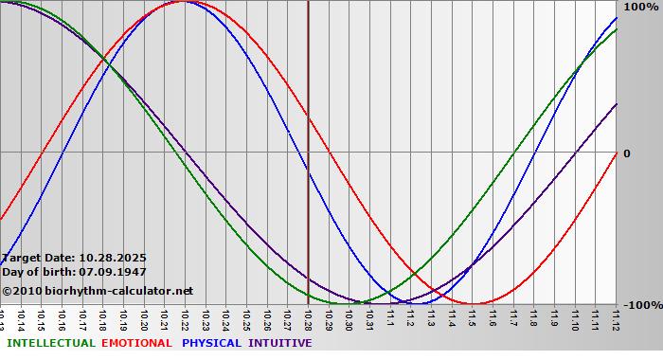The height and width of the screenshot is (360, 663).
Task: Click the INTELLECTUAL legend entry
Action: click(50, 343)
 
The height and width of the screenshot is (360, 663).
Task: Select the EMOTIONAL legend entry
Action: click(136, 343)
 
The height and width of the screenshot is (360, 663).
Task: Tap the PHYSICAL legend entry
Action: click(212, 343)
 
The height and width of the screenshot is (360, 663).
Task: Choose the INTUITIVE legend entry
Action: click(279, 343)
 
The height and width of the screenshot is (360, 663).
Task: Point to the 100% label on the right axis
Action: click(640, 7)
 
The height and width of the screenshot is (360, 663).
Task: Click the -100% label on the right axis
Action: click(638, 305)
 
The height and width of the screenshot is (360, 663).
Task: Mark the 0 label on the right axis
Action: click(626, 153)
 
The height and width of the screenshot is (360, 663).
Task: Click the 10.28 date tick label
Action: click(308, 317)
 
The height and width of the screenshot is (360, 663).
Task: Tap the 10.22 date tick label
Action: click(185, 317)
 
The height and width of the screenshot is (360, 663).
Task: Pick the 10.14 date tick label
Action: click(21, 317)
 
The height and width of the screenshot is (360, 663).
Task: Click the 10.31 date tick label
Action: click(369, 317)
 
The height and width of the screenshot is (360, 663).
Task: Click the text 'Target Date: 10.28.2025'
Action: click(74, 257)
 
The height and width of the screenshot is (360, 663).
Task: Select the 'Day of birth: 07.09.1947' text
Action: click(74, 272)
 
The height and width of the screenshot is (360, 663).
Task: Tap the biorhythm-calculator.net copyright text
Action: click(97, 291)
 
